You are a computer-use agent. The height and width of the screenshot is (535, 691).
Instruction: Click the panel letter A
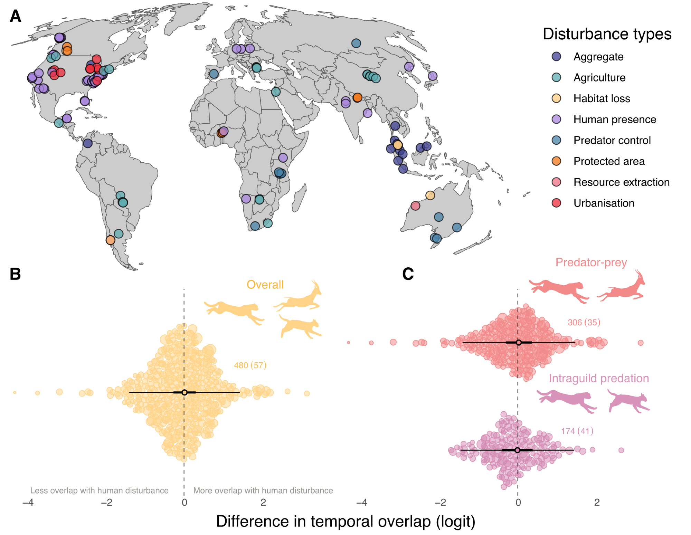(x=16, y=16)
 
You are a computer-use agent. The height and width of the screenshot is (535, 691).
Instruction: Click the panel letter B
(x=15, y=274)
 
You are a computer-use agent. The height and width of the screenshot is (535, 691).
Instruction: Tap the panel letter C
(x=408, y=274)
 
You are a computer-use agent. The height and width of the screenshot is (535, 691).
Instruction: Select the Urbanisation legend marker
(x=556, y=203)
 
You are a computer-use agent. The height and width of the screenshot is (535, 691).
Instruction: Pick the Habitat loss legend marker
(x=556, y=98)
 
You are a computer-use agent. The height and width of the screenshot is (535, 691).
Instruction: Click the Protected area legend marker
(x=556, y=161)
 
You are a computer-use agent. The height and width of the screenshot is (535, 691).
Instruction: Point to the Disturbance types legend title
(x=607, y=34)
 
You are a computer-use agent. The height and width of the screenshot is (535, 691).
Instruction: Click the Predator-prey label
(x=591, y=262)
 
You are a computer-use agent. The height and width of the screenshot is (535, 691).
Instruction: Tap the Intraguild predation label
(x=599, y=379)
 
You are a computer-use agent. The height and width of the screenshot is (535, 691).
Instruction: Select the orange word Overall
(x=265, y=285)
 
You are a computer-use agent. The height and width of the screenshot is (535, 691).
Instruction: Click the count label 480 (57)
(x=250, y=365)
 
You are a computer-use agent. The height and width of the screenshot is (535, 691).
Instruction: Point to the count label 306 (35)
(x=584, y=322)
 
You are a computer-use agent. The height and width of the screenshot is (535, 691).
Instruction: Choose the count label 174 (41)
(x=577, y=431)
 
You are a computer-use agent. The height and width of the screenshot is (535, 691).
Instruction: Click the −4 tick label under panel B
(x=28, y=503)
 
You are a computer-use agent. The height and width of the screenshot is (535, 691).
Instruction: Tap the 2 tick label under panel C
(x=597, y=503)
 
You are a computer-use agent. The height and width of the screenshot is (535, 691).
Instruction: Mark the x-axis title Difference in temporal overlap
(x=345, y=522)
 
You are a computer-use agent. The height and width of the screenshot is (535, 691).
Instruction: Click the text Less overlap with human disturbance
(x=99, y=490)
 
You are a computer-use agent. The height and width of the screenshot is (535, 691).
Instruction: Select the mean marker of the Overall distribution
(x=184, y=392)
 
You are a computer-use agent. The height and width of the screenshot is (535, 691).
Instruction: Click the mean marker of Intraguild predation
(x=517, y=450)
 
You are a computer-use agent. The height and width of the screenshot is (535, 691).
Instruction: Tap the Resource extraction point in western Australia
(x=415, y=206)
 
